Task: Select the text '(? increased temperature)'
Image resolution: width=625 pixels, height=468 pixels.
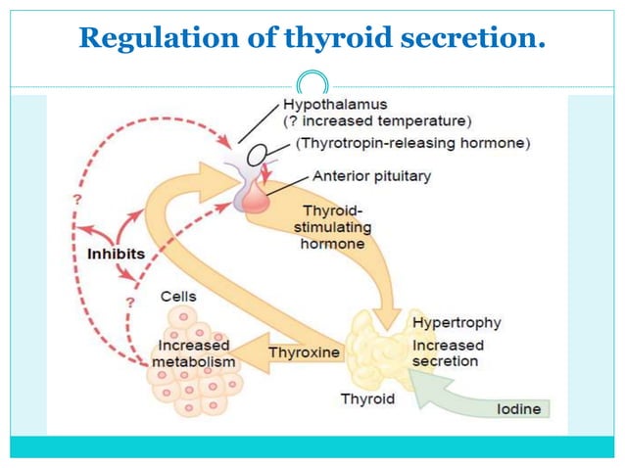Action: pos(376,121)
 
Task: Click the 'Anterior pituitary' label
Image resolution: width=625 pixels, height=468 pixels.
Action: pos(371,176)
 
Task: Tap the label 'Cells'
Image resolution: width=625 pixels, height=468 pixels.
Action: pos(179,296)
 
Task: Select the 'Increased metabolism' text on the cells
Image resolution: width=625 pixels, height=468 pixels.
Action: pos(193,353)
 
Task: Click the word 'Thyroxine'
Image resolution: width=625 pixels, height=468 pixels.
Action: pos(304,351)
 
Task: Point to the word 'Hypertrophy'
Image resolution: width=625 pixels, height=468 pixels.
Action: pos(457,322)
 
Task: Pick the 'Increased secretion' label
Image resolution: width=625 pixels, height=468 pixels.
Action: pos(447,353)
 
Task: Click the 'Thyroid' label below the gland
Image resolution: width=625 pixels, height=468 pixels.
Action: pos(367,398)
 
